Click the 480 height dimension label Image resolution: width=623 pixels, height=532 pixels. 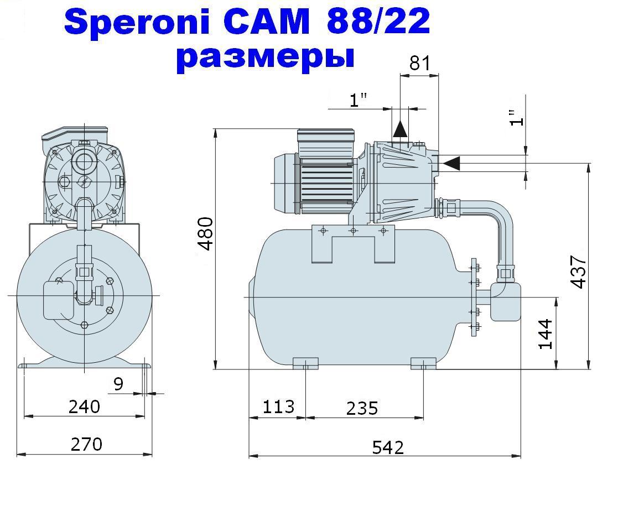point(206,234)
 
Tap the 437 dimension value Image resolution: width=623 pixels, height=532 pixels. point(579,272)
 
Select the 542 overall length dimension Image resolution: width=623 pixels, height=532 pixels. point(388,448)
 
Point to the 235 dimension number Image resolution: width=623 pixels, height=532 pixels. point(362,409)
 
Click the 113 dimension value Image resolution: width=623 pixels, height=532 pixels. point(278,407)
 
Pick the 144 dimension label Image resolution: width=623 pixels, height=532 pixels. point(546,334)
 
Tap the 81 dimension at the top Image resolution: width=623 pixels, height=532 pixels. point(419,63)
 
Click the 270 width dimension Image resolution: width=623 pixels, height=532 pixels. point(87,444)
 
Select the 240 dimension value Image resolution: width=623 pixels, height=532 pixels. point(84,407)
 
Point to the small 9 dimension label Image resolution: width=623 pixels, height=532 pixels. point(118,384)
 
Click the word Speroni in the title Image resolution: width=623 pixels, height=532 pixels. point(137,22)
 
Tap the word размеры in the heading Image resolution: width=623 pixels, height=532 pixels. point(265,58)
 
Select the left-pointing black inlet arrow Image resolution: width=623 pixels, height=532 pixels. point(451,163)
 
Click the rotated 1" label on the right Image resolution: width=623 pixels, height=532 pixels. point(517,118)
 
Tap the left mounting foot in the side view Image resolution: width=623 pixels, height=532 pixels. point(305,363)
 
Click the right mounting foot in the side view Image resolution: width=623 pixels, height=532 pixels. point(423,363)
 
